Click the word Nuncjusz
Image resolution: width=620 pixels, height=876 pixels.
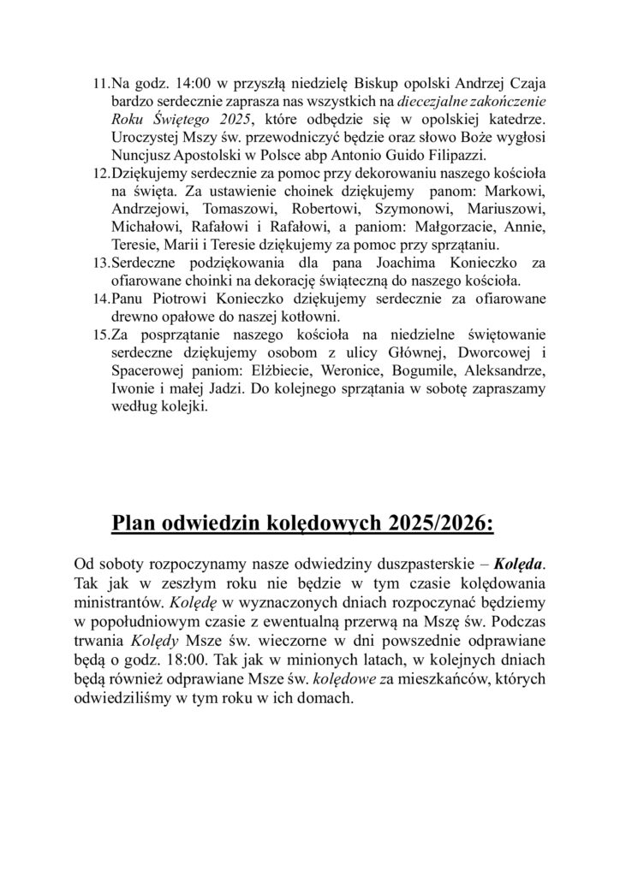(141, 155)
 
